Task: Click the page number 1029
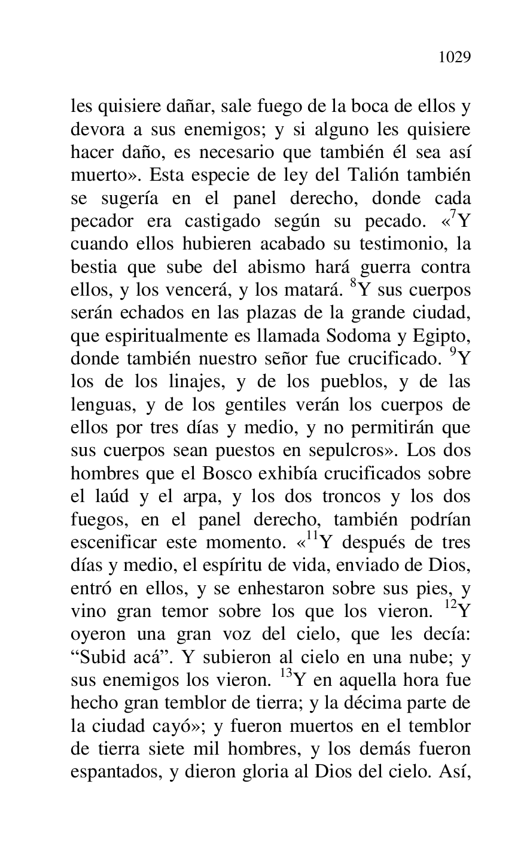(x=455, y=57)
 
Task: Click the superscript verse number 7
(x=453, y=215)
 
